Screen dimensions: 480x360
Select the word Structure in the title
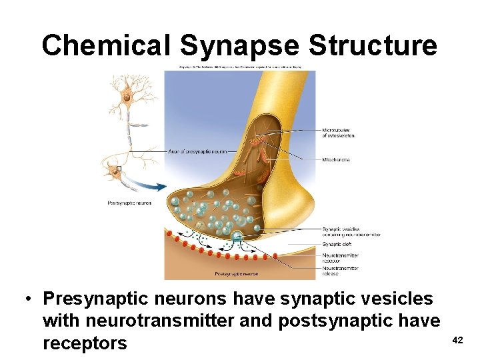tap(373, 46)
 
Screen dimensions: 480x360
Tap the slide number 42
tap(457, 340)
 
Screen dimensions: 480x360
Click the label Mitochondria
tap(336, 160)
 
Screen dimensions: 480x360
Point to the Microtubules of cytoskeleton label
tap(338, 133)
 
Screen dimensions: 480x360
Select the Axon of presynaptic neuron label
tap(194, 152)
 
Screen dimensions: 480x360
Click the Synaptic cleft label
tap(337, 245)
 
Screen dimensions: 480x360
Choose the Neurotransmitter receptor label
tap(340, 257)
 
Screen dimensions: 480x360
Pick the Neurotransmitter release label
tap(340, 271)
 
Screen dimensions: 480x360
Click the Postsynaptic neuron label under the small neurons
tap(129, 203)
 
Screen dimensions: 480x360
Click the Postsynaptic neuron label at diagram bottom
tap(237, 274)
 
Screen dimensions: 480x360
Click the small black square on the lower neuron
tap(119, 169)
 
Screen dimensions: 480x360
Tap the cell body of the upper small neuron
tap(125, 98)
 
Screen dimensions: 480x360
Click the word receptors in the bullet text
tap(85, 343)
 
